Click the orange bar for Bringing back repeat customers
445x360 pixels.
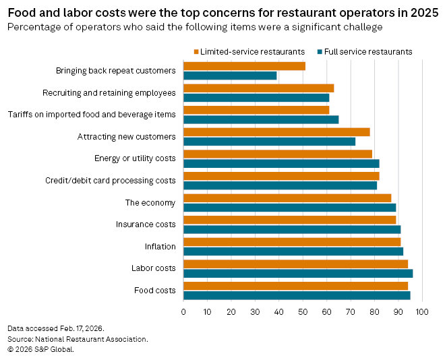point(244,66)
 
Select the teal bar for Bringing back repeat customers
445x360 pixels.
point(230,76)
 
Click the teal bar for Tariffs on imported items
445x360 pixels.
point(261,119)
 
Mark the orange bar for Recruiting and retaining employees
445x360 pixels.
point(258,88)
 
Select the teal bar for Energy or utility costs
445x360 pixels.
point(281,163)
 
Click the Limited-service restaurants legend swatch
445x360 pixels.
point(196,52)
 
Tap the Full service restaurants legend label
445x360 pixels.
point(368,52)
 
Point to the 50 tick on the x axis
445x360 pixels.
point(303,311)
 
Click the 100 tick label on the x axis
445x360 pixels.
point(422,311)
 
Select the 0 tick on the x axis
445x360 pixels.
point(183,311)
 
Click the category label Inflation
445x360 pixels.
point(160,247)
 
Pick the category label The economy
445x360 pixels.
point(150,203)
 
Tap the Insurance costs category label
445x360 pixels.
point(146,224)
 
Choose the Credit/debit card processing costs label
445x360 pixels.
point(111,181)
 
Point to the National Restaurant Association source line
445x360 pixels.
point(78,338)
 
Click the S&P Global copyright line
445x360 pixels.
point(40,349)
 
